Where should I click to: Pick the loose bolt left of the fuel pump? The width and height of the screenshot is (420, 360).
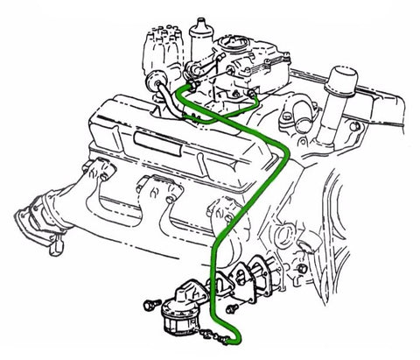coord(150,306)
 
